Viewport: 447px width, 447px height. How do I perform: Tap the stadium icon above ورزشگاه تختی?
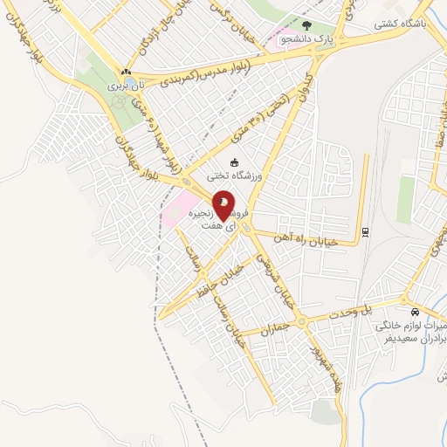(233, 162)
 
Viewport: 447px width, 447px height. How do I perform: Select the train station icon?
(364, 231)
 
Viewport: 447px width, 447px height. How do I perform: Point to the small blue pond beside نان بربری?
(130, 81)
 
